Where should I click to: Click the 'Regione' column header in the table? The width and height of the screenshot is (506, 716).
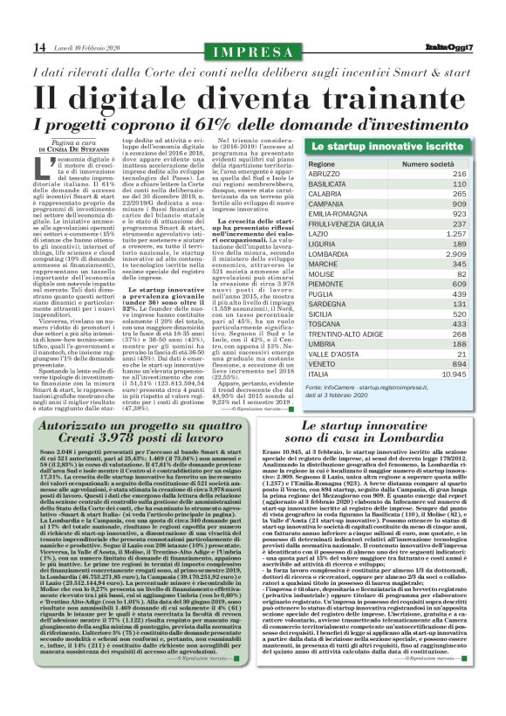tap(321, 164)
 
